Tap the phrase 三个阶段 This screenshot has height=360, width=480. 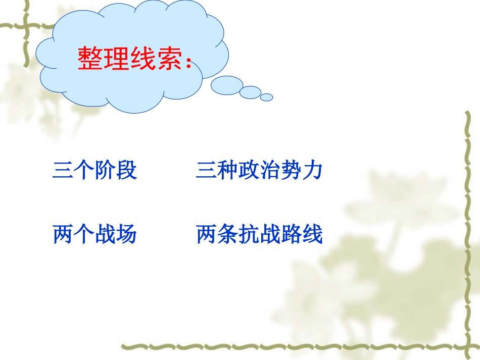[94, 171]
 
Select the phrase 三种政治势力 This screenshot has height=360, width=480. [259, 171]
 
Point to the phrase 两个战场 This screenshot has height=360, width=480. [94, 235]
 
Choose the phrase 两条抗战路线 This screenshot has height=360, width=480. [259, 235]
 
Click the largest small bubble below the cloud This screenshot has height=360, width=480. [227, 85]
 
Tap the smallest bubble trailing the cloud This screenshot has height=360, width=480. [267, 97]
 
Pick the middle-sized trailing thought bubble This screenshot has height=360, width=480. [250, 92]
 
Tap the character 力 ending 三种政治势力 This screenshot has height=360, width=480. [312, 171]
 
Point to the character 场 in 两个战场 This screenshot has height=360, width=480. [126, 235]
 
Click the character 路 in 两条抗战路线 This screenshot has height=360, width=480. [291, 235]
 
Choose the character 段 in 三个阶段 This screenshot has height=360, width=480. [126, 171]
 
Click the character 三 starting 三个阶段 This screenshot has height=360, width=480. [63, 171]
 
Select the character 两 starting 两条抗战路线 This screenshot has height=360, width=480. [206, 235]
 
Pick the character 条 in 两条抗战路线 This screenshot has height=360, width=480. [227, 235]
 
